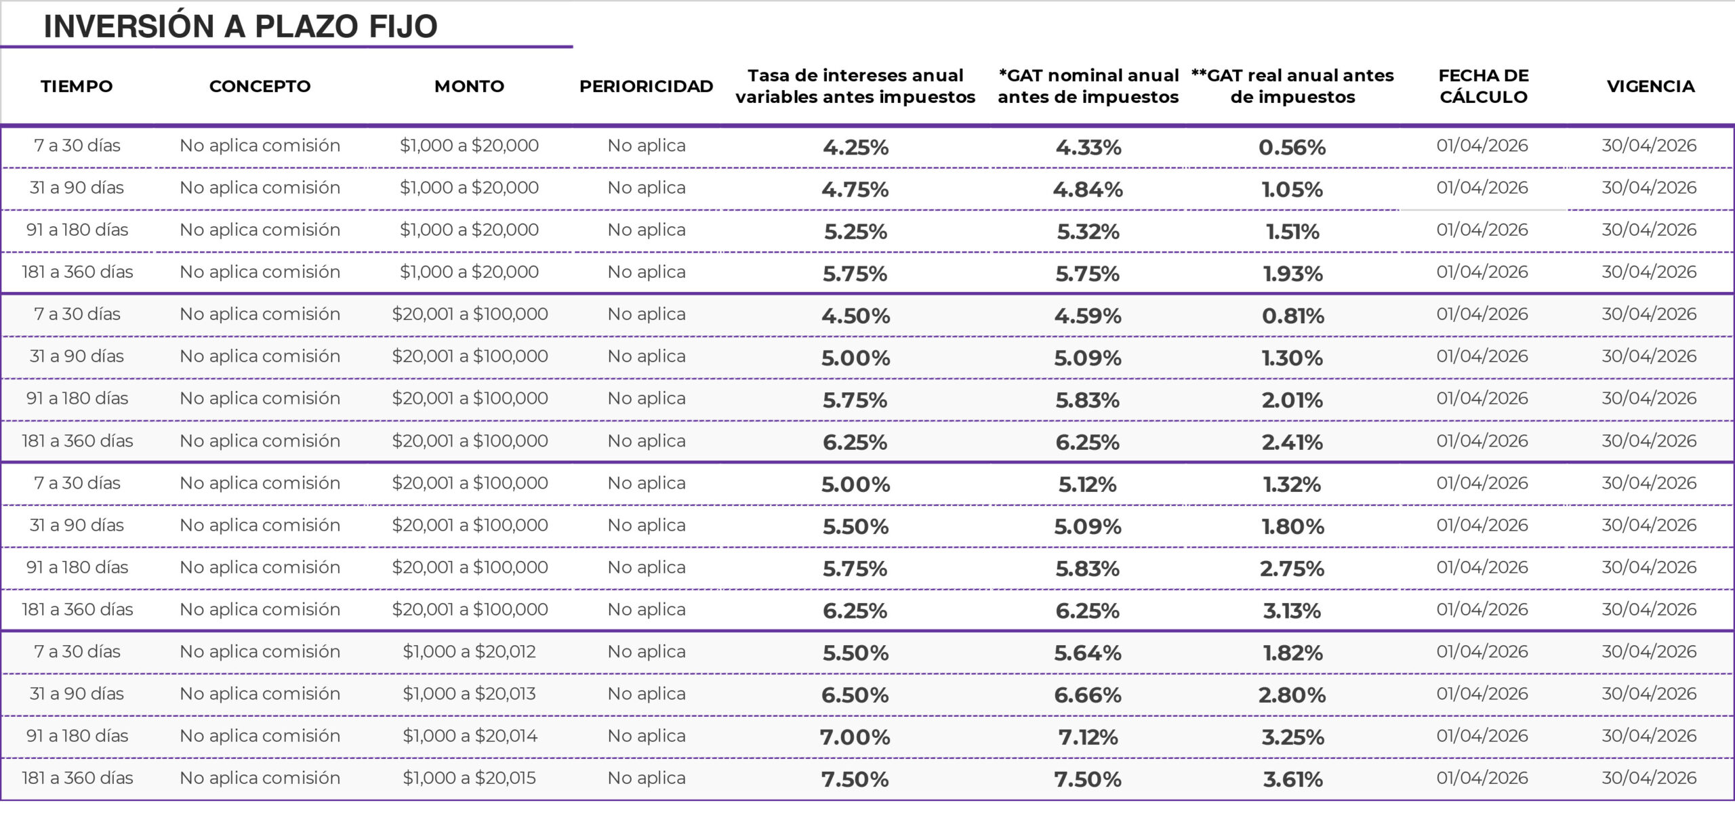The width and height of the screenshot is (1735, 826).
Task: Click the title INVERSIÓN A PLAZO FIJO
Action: coord(241,26)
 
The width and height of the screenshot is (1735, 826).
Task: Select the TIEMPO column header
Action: coord(77,86)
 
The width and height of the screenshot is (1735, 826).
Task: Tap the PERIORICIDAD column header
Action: coord(646,86)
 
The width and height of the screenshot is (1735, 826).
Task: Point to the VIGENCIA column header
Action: coord(1650,86)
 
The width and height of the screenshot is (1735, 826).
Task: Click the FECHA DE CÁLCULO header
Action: coord(1483,86)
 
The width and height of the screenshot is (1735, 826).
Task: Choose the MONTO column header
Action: coord(469,86)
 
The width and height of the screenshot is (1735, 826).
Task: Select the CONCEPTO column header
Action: coord(260,86)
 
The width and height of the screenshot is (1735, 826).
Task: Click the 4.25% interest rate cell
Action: coord(855,147)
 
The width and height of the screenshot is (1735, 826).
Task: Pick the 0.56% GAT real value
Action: coord(1292,147)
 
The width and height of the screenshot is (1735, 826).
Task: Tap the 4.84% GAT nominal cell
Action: coord(1088,189)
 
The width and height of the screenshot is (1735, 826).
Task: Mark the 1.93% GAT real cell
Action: coord(1292,274)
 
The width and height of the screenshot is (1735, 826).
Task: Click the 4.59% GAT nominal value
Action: coord(1088,316)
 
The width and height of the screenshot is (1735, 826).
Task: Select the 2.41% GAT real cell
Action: coord(1292,442)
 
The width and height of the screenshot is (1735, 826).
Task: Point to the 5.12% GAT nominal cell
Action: coord(1088,484)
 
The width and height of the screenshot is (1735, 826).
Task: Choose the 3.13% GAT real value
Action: coord(1292,611)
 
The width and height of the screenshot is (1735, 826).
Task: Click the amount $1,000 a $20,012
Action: coord(469,652)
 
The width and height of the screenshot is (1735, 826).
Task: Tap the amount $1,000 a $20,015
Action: coord(469,778)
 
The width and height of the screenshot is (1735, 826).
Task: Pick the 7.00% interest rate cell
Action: coord(855,737)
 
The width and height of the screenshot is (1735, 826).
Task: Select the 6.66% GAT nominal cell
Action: coord(1088,695)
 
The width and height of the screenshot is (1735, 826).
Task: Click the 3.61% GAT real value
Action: coord(1292,779)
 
